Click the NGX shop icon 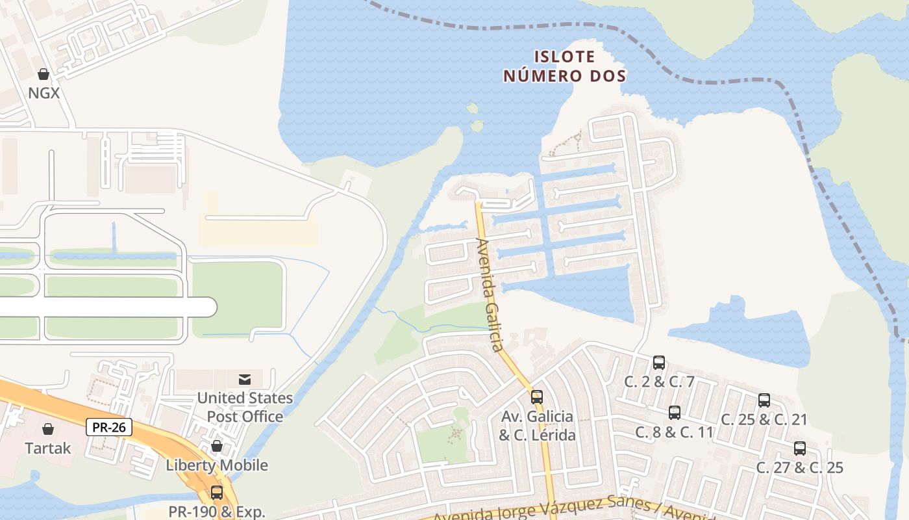44,74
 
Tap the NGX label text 44,93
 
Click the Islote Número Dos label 565,66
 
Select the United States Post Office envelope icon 245,380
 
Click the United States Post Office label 245,407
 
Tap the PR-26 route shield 109,427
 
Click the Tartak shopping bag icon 48,429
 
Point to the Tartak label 48,448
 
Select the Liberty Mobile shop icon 217,447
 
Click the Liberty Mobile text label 217,465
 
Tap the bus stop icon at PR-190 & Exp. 217,493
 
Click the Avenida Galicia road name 490,296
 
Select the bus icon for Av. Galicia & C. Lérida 537,396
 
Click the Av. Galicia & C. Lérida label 537,425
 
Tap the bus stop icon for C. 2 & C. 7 659,363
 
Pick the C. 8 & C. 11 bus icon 675,413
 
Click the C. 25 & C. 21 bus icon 764,400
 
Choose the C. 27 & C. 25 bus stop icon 800,448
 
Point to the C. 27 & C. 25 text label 800,467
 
